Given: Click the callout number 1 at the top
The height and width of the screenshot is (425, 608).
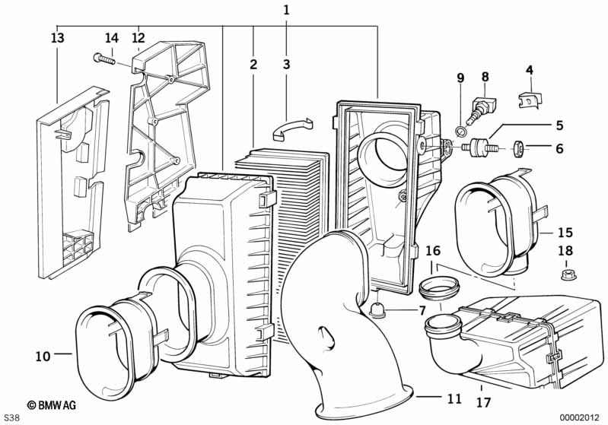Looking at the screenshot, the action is (286, 10).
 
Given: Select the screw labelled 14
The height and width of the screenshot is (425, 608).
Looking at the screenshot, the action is (105, 59).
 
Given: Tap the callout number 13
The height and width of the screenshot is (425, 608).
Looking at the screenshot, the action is (57, 38).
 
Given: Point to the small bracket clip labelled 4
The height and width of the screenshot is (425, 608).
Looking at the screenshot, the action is (530, 100).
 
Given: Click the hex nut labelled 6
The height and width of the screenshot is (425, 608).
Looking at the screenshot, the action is (519, 147).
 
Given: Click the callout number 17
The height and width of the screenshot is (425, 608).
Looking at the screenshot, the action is (483, 402).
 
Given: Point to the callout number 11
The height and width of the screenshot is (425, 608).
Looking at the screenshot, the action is (454, 398).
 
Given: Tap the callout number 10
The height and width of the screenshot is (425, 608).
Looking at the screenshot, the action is (43, 356).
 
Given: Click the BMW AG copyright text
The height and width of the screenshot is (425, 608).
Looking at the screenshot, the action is (52, 405).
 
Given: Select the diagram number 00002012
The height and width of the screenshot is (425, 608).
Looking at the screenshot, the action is (579, 417).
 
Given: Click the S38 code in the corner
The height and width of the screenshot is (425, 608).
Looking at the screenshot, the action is (11, 417).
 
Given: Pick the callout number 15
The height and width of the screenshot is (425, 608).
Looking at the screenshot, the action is (565, 233).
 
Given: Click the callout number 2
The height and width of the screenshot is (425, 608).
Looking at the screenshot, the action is (253, 65).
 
